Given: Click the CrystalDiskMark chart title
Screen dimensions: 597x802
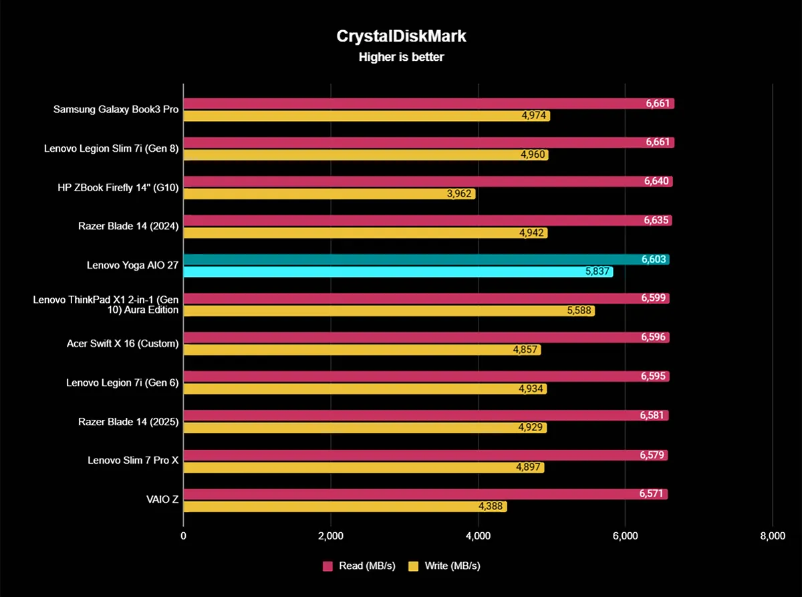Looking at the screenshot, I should click(x=401, y=36).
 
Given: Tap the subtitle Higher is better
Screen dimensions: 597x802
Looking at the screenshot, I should click(x=401, y=57).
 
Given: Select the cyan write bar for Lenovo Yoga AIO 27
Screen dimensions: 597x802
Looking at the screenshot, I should click(x=398, y=272).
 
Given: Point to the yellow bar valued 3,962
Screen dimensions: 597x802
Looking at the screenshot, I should click(x=329, y=194).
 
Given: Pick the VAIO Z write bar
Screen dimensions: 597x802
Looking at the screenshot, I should click(x=345, y=507).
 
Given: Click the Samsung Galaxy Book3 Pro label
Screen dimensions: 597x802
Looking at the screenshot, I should click(x=116, y=110).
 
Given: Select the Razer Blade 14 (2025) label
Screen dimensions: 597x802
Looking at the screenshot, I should click(x=128, y=422).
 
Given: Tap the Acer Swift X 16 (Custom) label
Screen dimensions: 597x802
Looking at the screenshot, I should click(x=122, y=344).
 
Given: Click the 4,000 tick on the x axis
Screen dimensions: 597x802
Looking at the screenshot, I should click(x=478, y=535).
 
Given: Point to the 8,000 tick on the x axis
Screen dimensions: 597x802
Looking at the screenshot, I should click(x=772, y=535).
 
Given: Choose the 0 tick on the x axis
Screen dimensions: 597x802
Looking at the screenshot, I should click(x=184, y=535).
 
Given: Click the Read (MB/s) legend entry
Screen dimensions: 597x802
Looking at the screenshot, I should click(x=359, y=566).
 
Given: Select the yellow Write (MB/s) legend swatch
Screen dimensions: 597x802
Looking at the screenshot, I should click(x=413, y=566).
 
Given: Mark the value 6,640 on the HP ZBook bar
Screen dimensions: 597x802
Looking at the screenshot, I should click(x=658, y=182).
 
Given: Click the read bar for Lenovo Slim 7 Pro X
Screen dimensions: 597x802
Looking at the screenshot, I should click(x=425, y=455).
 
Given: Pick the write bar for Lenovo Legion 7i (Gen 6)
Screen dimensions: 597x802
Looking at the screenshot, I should click(x=365, y=389).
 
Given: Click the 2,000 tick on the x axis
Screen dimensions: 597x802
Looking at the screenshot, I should click(x=331, y=535).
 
